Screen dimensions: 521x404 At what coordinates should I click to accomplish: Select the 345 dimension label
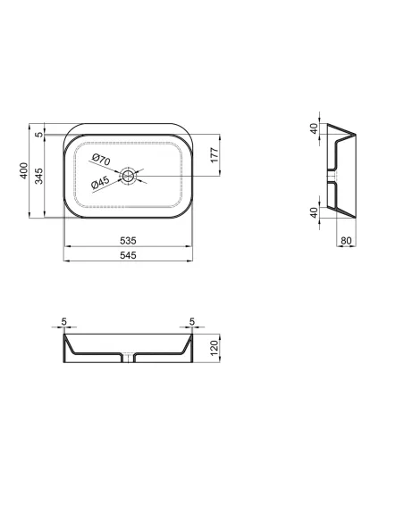click(39, 176)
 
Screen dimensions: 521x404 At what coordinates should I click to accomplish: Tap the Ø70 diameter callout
click(101, 161)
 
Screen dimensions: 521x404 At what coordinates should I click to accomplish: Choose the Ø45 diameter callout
click(101, 183)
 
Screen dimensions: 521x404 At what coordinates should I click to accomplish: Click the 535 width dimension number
click(127, 241)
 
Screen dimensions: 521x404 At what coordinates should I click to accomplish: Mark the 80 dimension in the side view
click(347, 241)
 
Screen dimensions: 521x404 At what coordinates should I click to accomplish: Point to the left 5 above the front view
click(65, 323)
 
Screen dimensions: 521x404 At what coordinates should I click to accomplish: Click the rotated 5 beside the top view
click(39, 135)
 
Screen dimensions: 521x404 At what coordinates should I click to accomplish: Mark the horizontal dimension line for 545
click(127, 262)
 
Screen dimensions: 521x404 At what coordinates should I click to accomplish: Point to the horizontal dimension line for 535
click(127, 247)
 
